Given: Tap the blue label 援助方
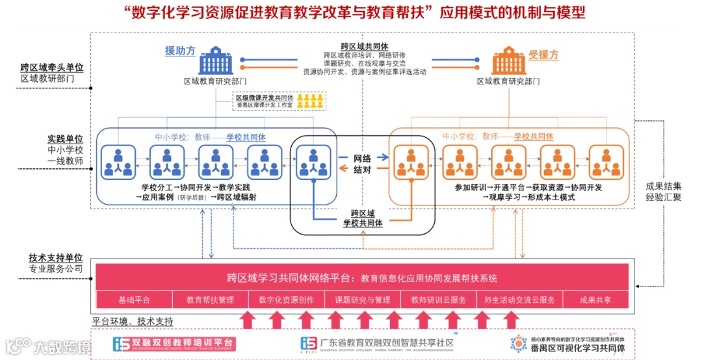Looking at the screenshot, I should click(180, 51).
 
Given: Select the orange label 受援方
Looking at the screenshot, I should click(543, 55).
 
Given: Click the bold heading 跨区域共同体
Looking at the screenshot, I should click(364, 47).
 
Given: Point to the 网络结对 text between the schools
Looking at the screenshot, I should click(363, 164).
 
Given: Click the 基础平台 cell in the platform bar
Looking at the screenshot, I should click(134, 300).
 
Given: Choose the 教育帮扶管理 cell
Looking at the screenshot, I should click(210, 300).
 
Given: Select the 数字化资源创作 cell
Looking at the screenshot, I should click(286, 300).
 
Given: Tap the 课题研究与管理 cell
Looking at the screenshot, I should click(362, 300).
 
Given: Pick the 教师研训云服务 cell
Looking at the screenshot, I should click(438, 300).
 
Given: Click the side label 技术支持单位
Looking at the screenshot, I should click(56, 257).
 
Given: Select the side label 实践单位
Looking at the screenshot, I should click(65, 139).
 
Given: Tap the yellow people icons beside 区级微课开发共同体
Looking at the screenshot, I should click(311, 100).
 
